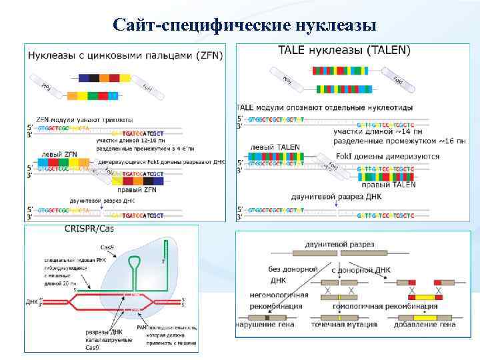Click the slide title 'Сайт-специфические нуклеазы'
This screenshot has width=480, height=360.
click(245, 25)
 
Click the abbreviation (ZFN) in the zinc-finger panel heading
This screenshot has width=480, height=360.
click(208, 55)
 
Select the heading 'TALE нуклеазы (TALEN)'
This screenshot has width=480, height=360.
click(343, 50)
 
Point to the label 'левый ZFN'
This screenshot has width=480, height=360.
click(59, 154)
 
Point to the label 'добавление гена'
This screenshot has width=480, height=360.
click(425, 324)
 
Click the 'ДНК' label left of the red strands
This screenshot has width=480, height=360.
click(31, 301)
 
